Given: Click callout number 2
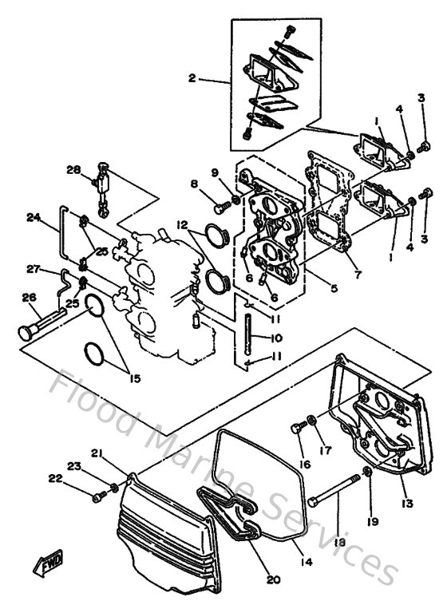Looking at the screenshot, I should [x=192, y=79].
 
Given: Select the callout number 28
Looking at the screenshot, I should [x=73, y=170].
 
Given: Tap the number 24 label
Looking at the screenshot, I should [x=33, y=217].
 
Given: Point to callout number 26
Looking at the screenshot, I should [x=30, y=299].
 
